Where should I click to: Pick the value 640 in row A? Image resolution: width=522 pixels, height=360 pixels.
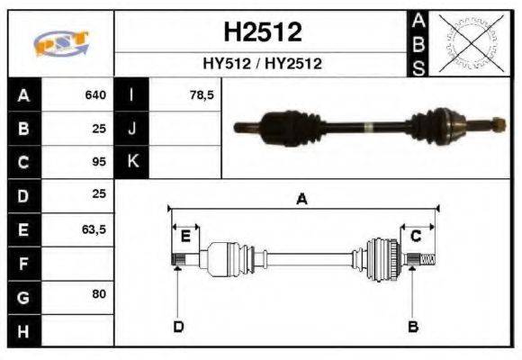coord(94,94)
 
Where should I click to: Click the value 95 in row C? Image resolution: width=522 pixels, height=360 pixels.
coord(99,162)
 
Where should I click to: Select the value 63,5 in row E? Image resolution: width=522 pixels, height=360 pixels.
coord(94,229)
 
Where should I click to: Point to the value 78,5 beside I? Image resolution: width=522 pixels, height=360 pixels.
coord(202,94)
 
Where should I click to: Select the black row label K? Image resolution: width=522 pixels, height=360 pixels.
coord(132,162)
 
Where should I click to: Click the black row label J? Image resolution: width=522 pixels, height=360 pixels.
coord(132,128)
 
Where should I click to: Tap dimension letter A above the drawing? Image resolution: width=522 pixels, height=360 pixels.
coord(302,200)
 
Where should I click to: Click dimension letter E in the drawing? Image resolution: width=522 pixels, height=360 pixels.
coord(184,237)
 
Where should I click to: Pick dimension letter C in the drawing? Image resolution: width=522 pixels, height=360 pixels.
coord(416,237)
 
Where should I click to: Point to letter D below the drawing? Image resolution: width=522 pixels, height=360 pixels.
coord(178,326)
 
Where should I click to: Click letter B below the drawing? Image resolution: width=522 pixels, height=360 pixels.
coord(413,326)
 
